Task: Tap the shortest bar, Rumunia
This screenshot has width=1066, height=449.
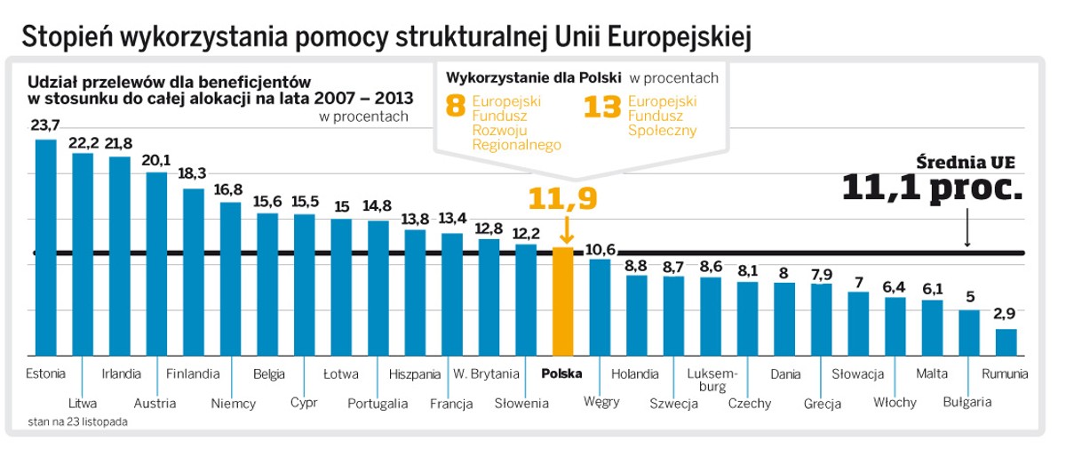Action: [1006, 342]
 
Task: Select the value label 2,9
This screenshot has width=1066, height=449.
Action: [1006, 315]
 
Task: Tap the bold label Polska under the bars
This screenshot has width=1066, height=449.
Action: [561, 373]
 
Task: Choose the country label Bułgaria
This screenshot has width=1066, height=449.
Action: [967, 403]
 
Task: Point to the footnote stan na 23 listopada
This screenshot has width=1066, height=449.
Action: [77, 421]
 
